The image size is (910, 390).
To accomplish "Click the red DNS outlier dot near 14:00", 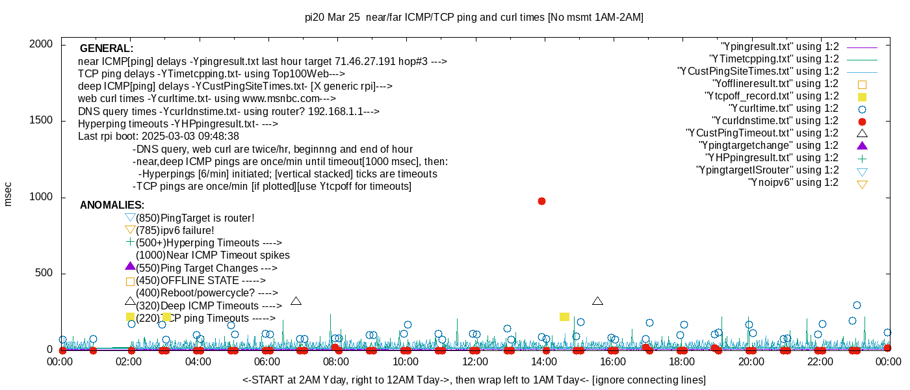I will [x=541, y=201].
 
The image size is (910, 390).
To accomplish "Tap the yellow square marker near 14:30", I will [x=564, y=317].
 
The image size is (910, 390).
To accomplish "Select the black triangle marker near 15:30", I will [x=598, y=301].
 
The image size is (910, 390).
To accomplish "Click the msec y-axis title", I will [x=8, y=194].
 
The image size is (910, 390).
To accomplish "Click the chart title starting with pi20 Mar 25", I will [x=474, y=18].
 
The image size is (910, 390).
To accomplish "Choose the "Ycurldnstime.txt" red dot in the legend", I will [x=862, y=121].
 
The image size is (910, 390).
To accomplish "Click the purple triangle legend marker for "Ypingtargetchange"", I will [x=862, y=146].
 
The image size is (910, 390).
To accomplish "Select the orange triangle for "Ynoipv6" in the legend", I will [x=862, y=183].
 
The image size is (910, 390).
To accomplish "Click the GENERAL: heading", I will [x=107, y=49].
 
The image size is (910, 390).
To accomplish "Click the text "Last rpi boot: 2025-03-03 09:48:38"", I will [x=159, y=136].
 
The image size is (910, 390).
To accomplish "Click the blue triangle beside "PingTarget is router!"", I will [x=130, y=218].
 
